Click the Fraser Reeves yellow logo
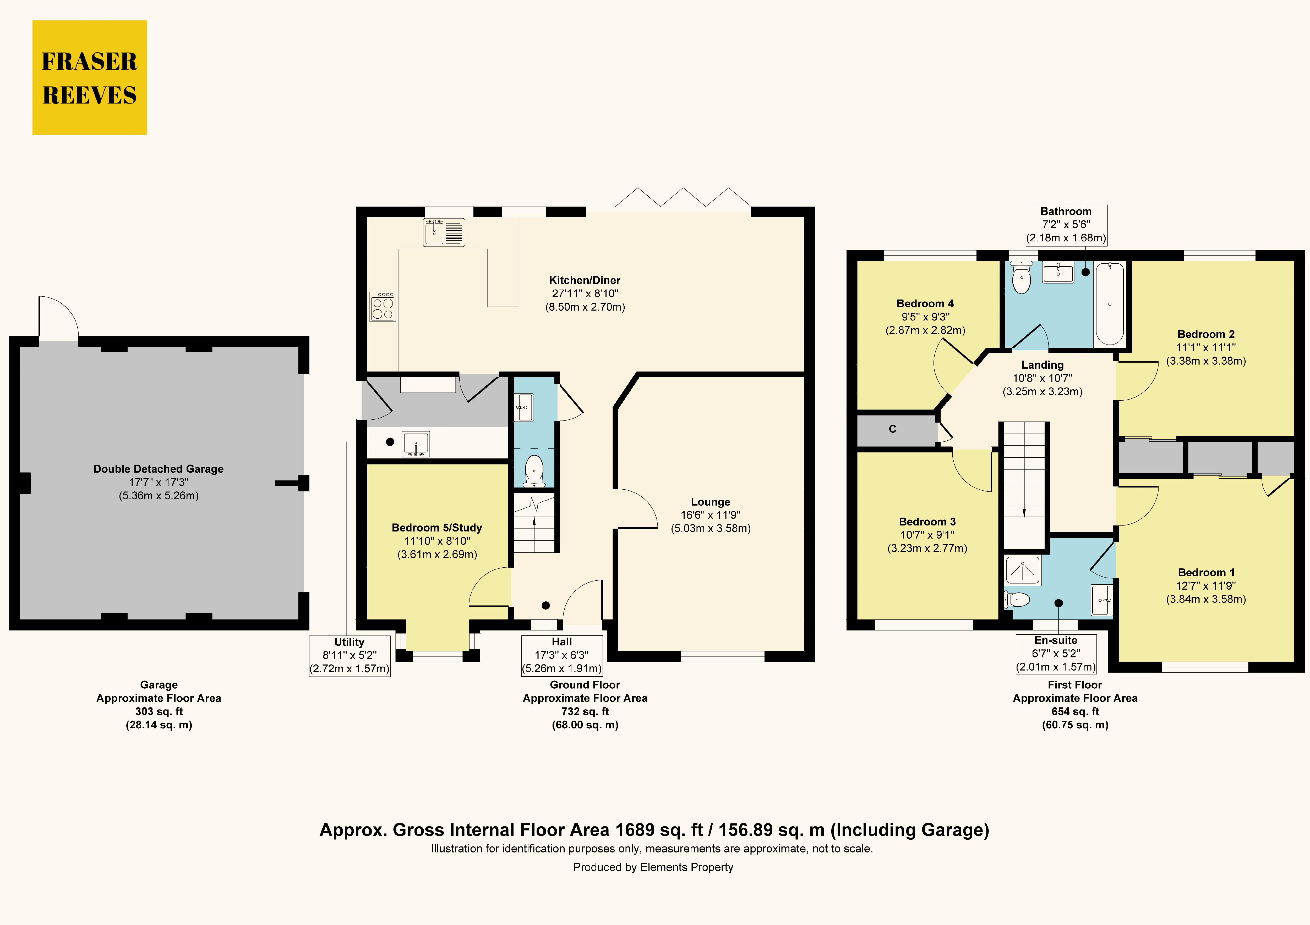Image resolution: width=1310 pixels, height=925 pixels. (x=90, y=77)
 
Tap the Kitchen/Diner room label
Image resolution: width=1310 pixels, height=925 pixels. (x=585, y=280)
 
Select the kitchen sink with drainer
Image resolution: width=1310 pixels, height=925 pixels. (x=443, y=232)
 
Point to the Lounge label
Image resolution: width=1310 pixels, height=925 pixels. (x=710, y=502)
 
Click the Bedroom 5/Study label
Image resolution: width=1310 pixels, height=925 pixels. (x=437, y=528)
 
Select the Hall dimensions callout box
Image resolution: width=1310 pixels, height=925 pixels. (x=562, y=656)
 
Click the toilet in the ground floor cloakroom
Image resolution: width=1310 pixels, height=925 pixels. (x=534, y=470)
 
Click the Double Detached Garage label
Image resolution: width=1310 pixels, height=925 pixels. (x=159, y=469)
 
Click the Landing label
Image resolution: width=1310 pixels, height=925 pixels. (x=1042, y=365)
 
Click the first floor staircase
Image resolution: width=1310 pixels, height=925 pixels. (x=1025, y=485)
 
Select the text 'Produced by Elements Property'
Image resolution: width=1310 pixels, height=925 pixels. (x=653, y=867)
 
